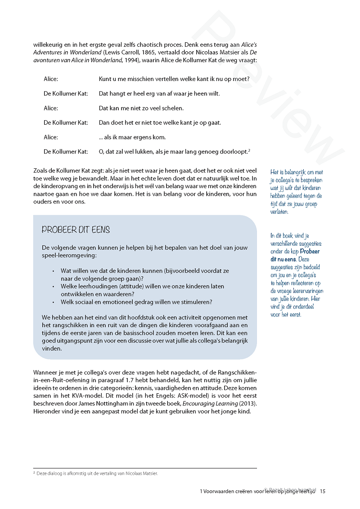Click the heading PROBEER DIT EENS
(x=76, y=230)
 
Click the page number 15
(x=323, y=491)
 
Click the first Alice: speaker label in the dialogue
(x=51, y=79)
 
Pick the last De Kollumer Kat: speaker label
(x=66, y=152)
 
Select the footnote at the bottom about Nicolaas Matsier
(x=97, y=473)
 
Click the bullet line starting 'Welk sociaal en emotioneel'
(x=137, y=302)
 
